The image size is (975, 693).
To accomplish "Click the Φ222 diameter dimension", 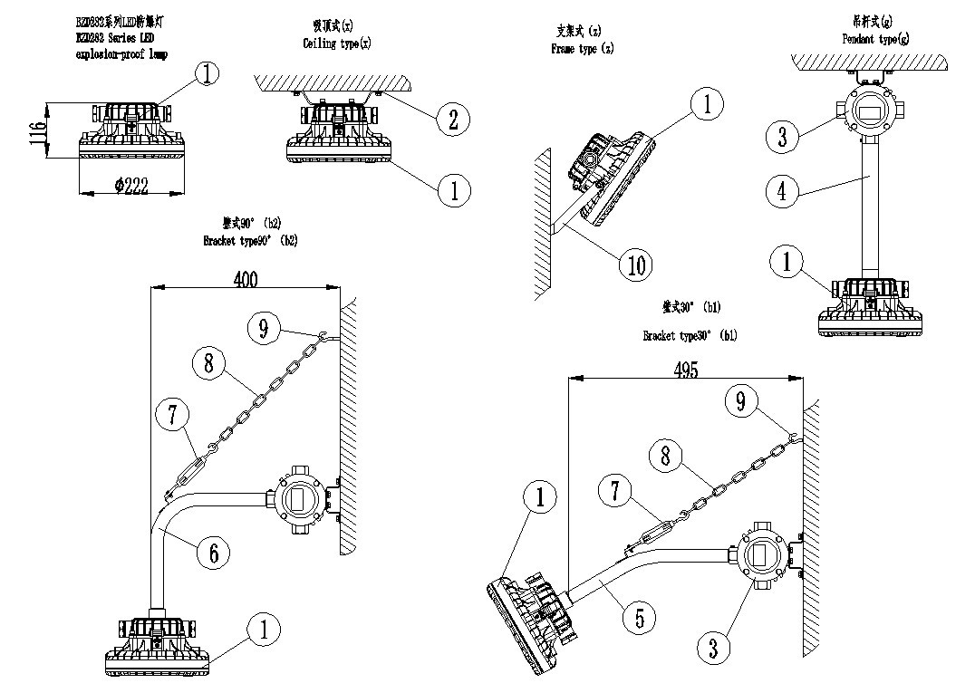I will pyautogui.click(x=131, y=187).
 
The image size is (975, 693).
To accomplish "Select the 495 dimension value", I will pyautogui.click(x=686, y=371).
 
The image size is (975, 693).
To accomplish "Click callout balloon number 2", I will pyautogui.click(x=452, y=119).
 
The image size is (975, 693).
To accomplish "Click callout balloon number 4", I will pyautogui.click(x=781, y=191).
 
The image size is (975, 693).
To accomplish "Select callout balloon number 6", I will pyautogui.click(x=213, y=551).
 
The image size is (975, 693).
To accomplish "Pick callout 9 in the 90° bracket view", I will pyautogui.click(x=264, y=330).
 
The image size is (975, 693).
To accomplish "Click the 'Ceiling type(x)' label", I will pyautogui.click(x=336, y=43).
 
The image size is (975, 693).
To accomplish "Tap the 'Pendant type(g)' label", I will pyautogui.click(x=875, y=40).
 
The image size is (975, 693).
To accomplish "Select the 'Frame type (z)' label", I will pyautogui.click(x=583, y=50).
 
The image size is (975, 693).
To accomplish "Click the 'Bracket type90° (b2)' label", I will pyautogui.click(x=250, y=241).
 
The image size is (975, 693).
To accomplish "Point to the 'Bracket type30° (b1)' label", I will pyautogui.click(x=690, y=336).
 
